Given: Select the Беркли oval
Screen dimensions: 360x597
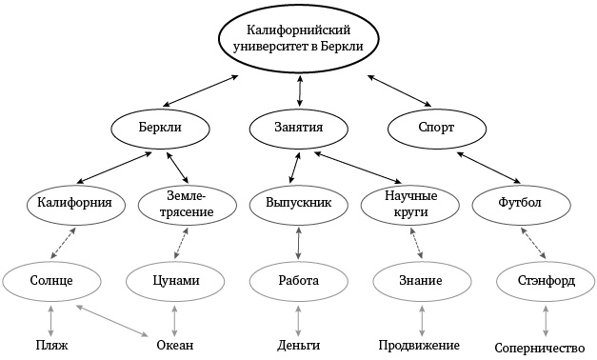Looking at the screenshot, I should click(158, 127).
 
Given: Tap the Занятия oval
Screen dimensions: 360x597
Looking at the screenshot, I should click(300, 127).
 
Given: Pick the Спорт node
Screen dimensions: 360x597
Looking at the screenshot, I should click(436, 127).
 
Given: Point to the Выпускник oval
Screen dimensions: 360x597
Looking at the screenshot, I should click(299, 203).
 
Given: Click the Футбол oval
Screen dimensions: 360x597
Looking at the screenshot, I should click(520, 203).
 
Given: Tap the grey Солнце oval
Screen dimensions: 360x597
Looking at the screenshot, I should click(51, 281).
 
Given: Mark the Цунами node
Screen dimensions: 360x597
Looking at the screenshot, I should click(175, 281).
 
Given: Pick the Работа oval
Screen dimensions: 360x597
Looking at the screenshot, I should click(298, 281).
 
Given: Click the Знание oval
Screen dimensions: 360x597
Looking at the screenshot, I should click(419, 281).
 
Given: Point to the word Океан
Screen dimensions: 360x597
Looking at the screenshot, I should click(174, 345).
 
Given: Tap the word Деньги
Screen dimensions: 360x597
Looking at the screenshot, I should click(298, 345).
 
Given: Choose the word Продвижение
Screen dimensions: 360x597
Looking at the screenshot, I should click(419, 344).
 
